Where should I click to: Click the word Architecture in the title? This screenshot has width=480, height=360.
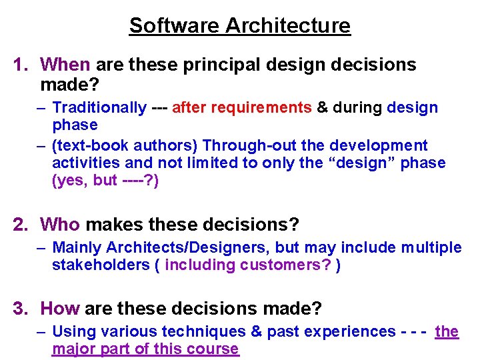[x=288, y=25]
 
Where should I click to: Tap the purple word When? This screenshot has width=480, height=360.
[x=65, y=65]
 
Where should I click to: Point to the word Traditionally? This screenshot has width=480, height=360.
[x=99, y=107]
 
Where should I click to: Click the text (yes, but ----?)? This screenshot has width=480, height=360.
[x=105, y=181]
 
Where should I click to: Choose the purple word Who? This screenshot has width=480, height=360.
[x=60, y=225]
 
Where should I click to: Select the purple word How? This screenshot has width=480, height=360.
[x=60, y=309]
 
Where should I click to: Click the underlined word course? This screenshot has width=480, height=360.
[x=213, y=349]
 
